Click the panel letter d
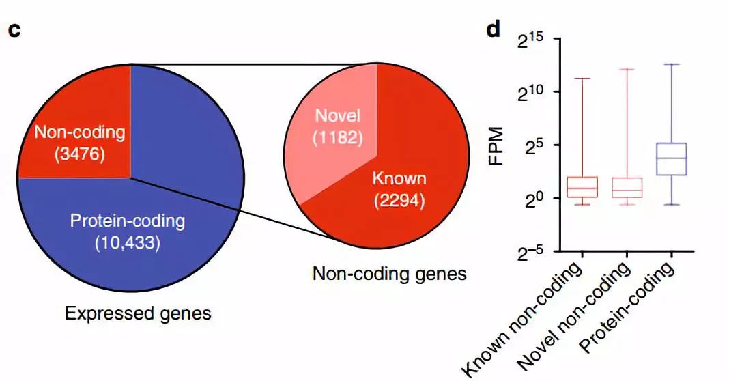pyautogui.click(x=493, y=30)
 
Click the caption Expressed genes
pyautogui.click(x=138, y=314)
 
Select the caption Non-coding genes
pyautogui.click(x=389, y=274)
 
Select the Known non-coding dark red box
pyautogui.click(x=582, y=187)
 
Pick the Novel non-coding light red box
pyautogui.click(x=627, y=188)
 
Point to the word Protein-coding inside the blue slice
pyautogui.click(x=128, y=221)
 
